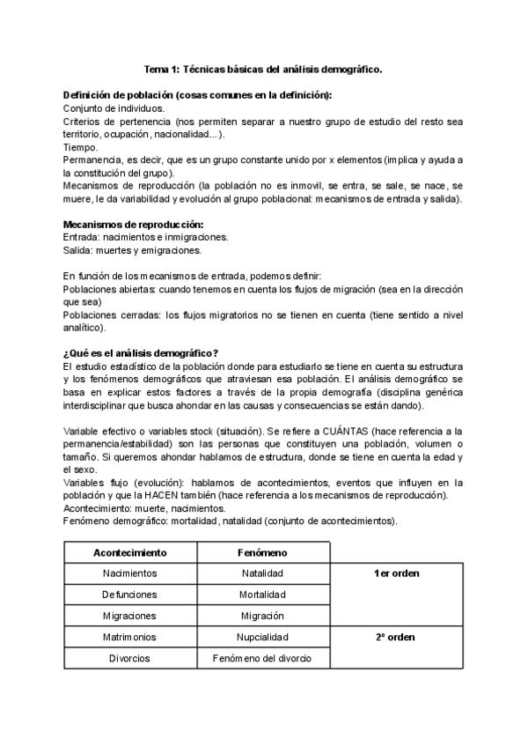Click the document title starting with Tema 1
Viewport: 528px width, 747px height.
pyautogui.click(x=263, y=68)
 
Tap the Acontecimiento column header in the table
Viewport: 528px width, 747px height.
pyautogui.click(x=130, y=552)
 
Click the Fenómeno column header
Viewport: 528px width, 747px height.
pyautogui.click(x=263, y=552)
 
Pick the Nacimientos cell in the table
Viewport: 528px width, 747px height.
pyautogui.click(x=130, y=573)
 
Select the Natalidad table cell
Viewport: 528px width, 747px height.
pyautogui.click(x=263, y=573)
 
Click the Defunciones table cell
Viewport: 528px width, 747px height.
pyautogui.click(x=130, y=595)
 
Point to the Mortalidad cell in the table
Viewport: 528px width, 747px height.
pyautogui.click(x=263, y=595)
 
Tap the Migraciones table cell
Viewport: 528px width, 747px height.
pyautogui.click(x=130, y=616)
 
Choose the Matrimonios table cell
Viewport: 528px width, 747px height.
pyautogui.click(x=130, y=637)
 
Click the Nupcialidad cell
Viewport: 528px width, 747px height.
pyautogui.click(x=263, y=637)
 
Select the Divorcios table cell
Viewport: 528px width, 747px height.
pyautogui.click(x=130, y=658)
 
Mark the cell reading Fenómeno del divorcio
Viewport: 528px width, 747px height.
pyautogui.click(x=263, y=658)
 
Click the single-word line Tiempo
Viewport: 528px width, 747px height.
pyautogui.click(x=81, y=147)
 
